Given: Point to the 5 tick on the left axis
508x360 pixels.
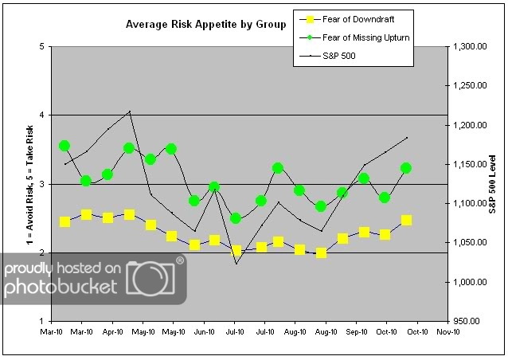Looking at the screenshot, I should (41, 46).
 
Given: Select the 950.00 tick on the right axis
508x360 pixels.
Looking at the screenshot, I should (466, 321).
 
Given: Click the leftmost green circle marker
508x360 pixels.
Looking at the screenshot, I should (65, 146).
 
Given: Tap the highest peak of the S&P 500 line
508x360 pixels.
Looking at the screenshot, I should (130, 112).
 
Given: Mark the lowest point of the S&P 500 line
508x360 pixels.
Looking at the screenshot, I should (236, 263).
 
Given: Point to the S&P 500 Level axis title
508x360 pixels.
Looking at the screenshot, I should (495, 184).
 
